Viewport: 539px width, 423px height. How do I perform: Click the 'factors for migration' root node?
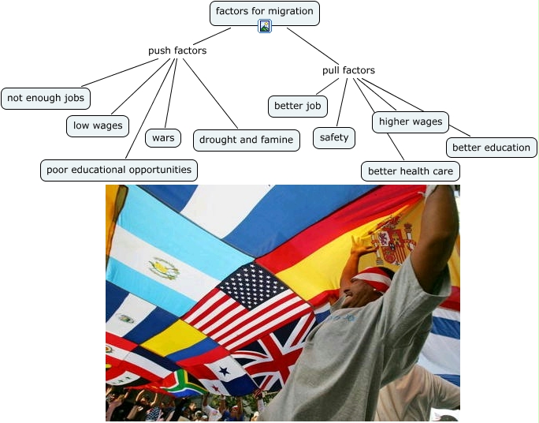tap(265, 12)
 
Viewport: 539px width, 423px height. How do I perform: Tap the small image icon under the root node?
tap(265, 26)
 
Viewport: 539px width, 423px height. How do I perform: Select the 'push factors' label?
tap(177, 51)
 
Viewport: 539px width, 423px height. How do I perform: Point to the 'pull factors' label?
tap(348, 70)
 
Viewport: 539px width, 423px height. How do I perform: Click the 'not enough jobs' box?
tap(46, 99)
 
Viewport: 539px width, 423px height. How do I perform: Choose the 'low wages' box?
tap(98, 125)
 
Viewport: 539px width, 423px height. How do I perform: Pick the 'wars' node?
tap(163, 138)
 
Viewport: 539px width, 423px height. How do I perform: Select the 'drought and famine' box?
tap(246, 140)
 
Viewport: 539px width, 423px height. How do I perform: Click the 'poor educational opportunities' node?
tap(119, 170)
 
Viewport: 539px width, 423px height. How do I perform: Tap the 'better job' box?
tap(298, 106)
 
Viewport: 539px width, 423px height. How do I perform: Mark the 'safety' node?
tap(334, 138)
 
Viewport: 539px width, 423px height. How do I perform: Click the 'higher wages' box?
tap(411, 122)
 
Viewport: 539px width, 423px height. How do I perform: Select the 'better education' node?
tap(491, 148)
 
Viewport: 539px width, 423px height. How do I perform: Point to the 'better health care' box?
tap(410, 171)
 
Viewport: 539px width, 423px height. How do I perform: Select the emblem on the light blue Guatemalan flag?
tap(164, 269)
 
